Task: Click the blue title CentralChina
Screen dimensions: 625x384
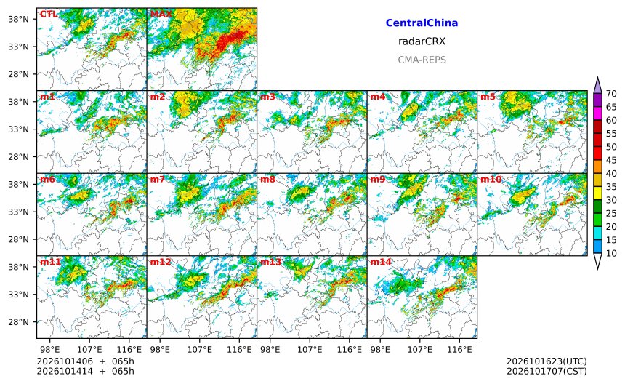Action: tap(422, 23)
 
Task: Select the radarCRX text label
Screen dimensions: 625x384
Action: tap(422, 41)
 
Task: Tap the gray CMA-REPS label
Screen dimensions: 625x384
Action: tap(422, 60)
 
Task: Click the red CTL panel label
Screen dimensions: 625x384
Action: tap(48, 15)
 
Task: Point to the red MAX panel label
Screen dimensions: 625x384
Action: tap(161, 15)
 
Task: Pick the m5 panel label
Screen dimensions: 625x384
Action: tap(488, 97)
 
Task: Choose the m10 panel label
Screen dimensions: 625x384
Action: tap(491, 180)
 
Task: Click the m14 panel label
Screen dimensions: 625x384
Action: tap(381, 262)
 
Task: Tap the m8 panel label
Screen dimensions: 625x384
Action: tap(267, 180)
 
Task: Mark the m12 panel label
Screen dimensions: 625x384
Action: tap(160, 262)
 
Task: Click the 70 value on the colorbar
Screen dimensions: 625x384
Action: tap(611, 94)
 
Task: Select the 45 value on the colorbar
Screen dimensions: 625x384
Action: tap(611, 160)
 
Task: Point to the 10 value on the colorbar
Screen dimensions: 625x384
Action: tap(611, 253)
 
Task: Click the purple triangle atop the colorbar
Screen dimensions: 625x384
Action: tap(597, 86)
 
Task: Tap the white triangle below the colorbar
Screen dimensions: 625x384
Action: tap(597, 260)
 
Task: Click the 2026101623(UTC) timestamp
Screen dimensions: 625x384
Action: tap(547, 361)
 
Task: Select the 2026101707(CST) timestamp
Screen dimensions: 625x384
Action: tap(547, 372)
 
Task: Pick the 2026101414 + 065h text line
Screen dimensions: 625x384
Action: tap(85, 372)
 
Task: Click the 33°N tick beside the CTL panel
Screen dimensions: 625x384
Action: tap(19, 47)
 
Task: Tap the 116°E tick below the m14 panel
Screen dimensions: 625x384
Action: tap(459, 350)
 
